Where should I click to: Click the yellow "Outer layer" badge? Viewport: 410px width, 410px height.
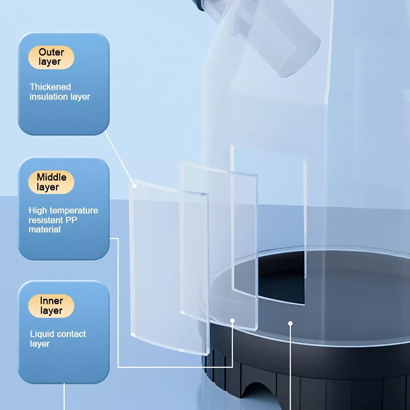point(51,57)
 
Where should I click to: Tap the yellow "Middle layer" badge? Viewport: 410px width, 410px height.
point(51,182)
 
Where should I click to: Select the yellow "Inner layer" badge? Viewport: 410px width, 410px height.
point(51,306)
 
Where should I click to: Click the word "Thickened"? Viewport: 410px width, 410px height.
point(50,87)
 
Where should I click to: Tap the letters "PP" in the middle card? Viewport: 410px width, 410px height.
point(71,220)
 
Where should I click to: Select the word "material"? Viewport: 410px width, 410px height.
point(45,229)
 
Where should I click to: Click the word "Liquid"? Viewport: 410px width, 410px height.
point(43,334)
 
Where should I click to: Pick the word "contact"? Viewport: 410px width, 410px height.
point(71,334)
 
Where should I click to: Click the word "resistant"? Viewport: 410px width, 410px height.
point(46,220)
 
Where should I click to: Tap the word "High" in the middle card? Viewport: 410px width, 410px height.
point(38,211)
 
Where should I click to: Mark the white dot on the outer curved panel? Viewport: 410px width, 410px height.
point(135,185)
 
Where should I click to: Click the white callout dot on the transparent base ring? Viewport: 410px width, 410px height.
point(232,321)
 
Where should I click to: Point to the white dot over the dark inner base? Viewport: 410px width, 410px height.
point(290,324)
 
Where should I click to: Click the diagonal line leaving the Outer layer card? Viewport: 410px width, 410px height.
point(119,158)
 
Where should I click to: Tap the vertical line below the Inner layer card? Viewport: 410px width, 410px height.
point(64,397)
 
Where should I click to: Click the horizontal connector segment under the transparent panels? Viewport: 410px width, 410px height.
point(175,367)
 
